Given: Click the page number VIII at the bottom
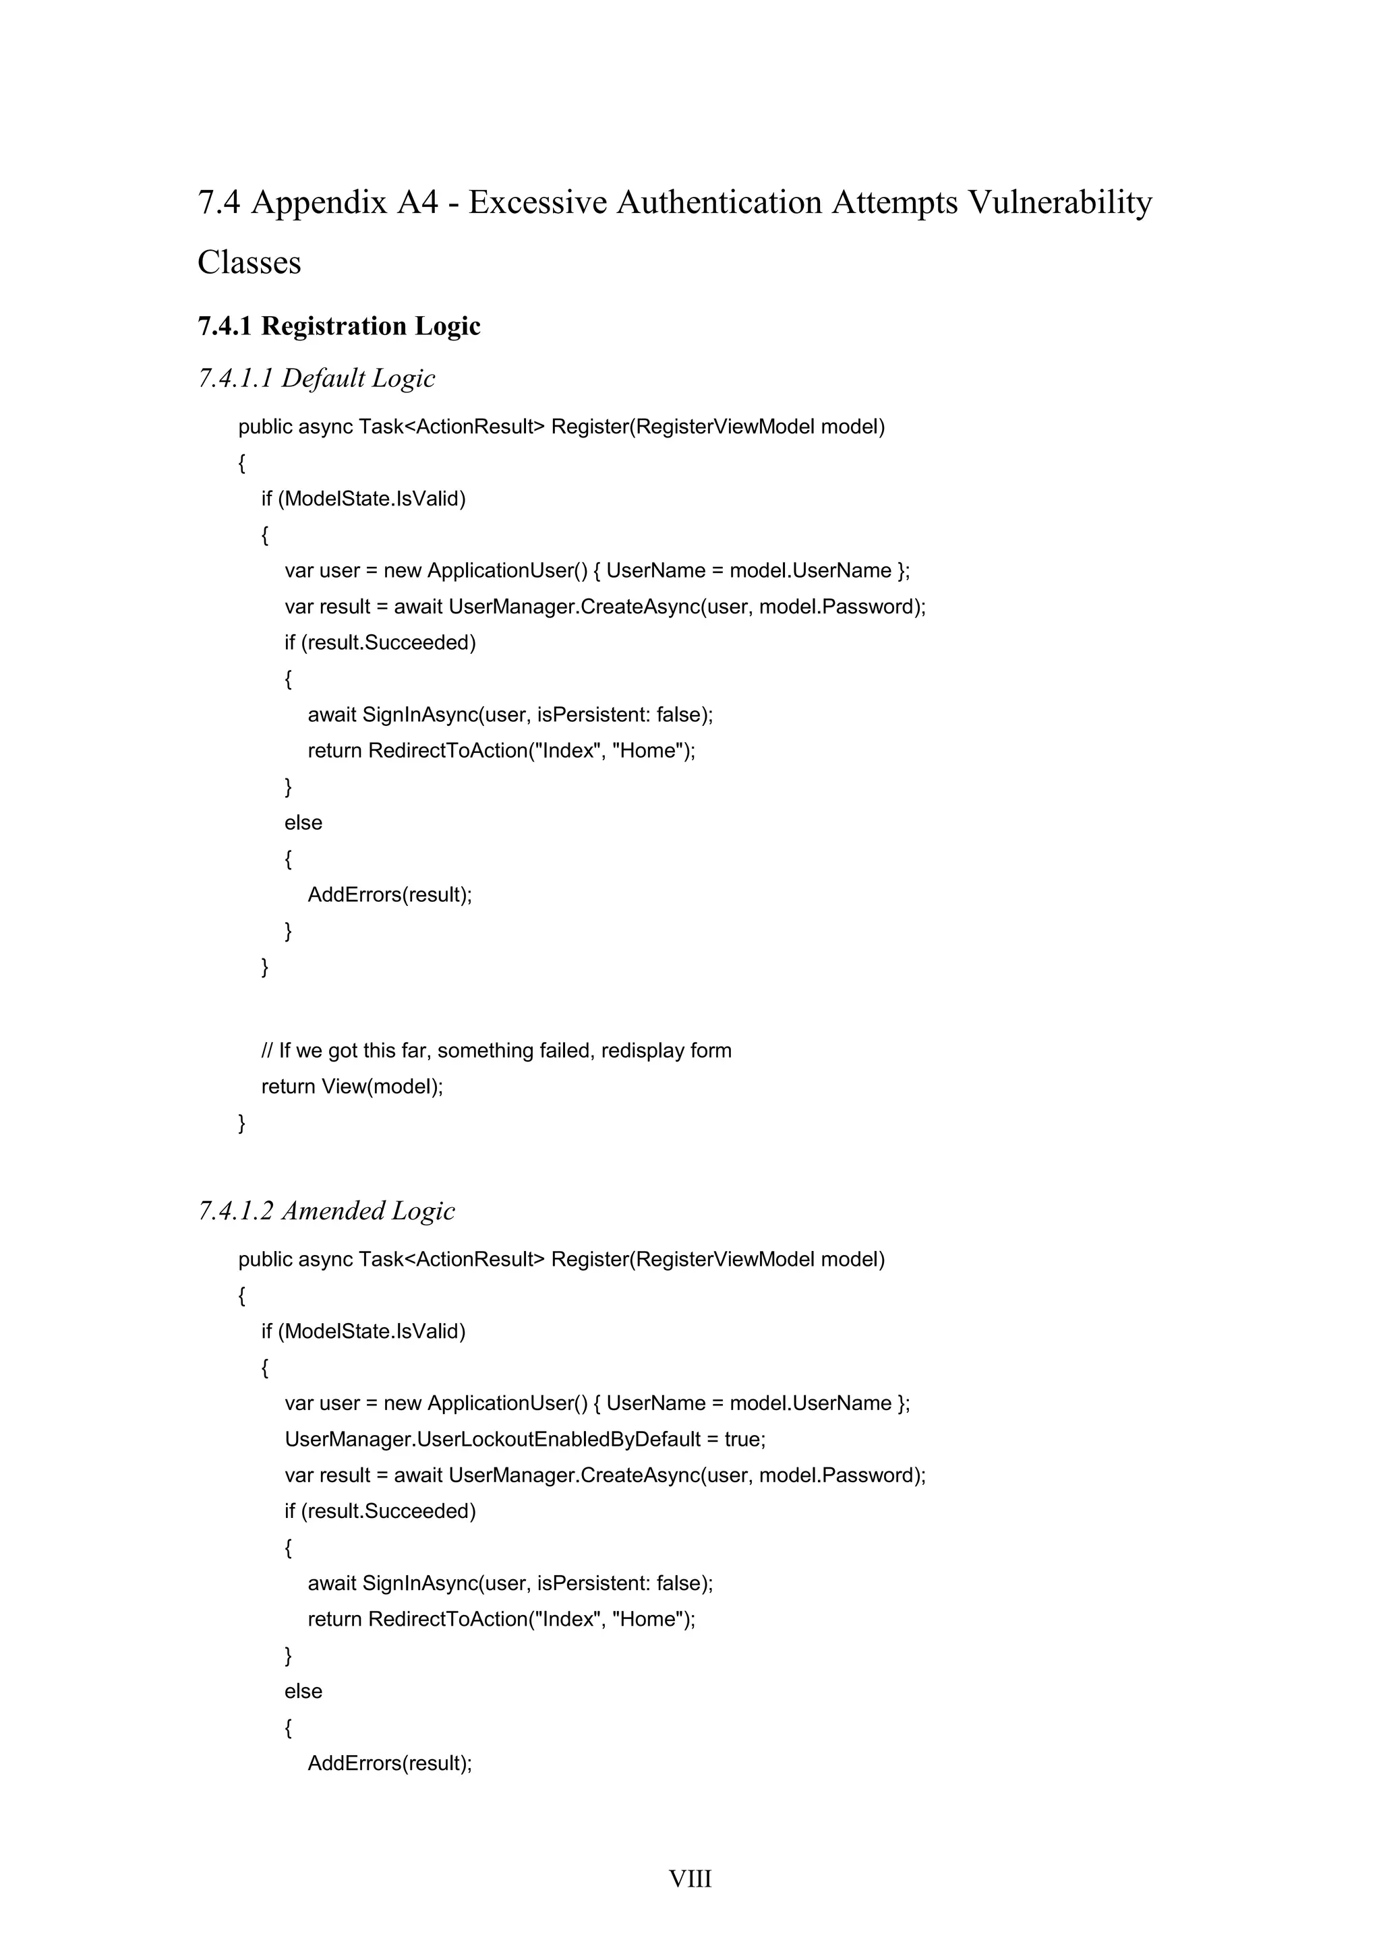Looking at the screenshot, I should [690, 1878].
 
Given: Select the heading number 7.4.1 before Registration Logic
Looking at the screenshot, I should [225, 326].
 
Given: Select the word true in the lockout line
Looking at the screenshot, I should [743, 1438].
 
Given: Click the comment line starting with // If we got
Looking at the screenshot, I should [496, 1050].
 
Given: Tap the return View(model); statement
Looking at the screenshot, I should [352, 1086].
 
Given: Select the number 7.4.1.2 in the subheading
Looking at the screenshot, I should [235, 1210].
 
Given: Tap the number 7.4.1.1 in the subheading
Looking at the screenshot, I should [235, 377].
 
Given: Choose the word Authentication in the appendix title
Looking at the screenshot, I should [719, 202].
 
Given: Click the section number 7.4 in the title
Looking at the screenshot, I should [218, 202].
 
